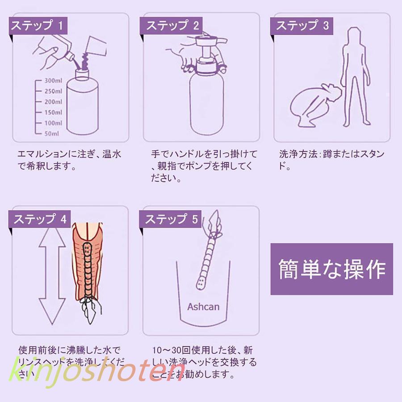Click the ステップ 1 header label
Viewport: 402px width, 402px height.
[x=38, y=25]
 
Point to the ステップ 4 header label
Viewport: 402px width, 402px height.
[x=40, y=219]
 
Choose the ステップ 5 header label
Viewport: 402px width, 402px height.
[x=171, y=219]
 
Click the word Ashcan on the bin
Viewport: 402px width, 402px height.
[x=203, y=307]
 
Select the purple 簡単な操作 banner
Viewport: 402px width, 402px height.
[x=331, y=269]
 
